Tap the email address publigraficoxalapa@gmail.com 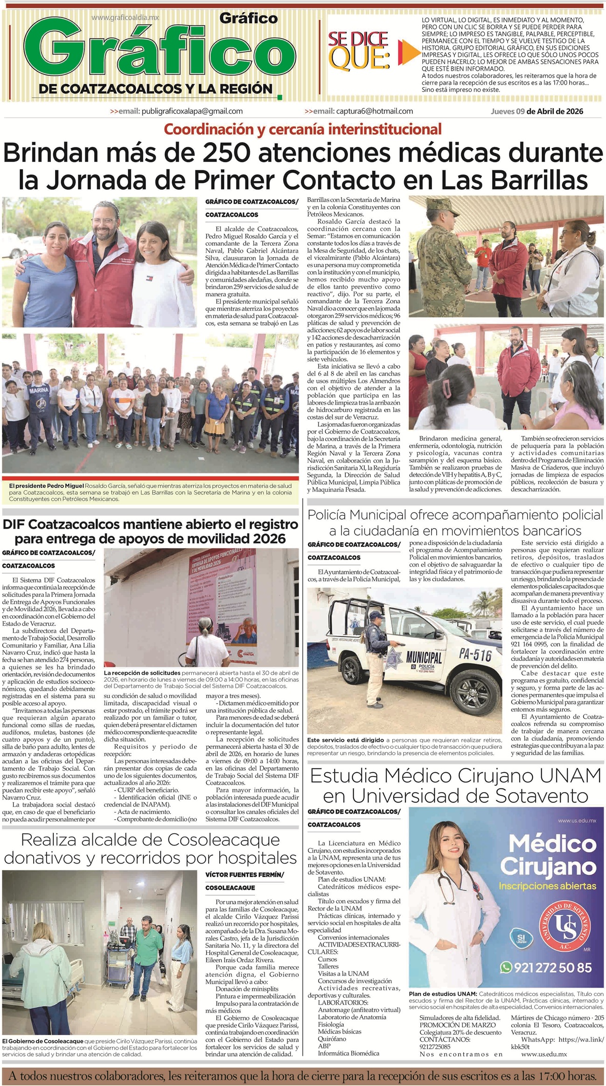click(x=192, y=111)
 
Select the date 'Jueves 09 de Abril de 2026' click(x=536, y=111)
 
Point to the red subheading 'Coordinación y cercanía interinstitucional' click(x=303, y=129)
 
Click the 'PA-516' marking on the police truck click(x=475, y=655)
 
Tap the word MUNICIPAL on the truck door click(x=424, y=658)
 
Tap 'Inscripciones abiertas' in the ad click(x=547, y=885)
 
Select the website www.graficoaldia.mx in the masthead click(x=125, y=17)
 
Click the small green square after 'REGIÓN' click(x=279, y=97)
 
